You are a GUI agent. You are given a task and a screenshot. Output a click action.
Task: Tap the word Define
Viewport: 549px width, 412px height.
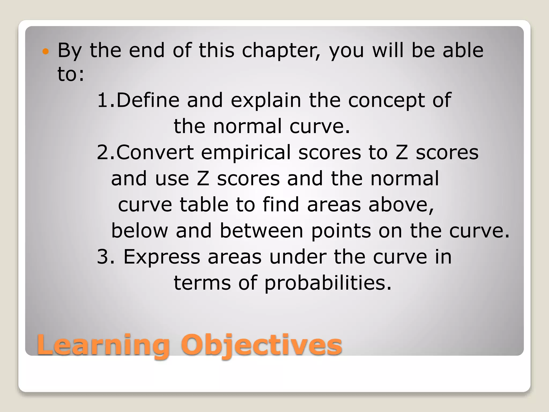click(x=148, y=100)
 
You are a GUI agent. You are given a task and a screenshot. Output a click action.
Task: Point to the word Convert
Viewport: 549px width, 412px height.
click(x=155, y=152)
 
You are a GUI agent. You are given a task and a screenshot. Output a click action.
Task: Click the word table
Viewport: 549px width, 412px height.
click(x=204, y=204)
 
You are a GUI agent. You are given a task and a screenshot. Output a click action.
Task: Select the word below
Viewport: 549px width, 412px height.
click(x=139, y=230)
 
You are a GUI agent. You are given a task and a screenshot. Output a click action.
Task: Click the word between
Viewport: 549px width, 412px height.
click(x=261, y=230)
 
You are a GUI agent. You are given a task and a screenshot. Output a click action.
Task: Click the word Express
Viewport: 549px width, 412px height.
click(x=162, y=257)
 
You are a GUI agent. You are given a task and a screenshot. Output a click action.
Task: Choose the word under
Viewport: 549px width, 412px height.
click(x=298, y=257)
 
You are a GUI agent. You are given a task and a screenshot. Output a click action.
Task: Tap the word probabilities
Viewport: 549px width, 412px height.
click(x=328, y=283)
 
